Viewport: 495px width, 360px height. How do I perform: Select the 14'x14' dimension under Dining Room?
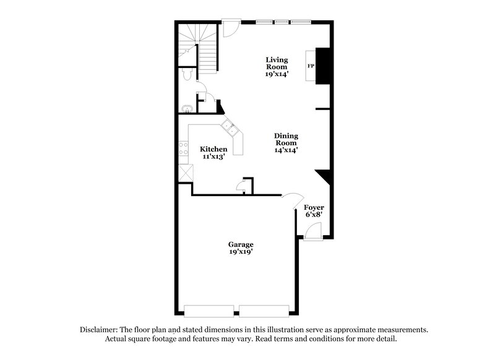coord(286,150)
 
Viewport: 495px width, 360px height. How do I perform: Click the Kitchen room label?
coord(213,149)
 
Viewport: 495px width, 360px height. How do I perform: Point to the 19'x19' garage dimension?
coord(241,252)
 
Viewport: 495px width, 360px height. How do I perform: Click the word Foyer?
coord(314,207)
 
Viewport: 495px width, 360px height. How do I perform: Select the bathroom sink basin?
coord(187,109)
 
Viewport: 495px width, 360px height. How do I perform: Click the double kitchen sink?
coord(230,128)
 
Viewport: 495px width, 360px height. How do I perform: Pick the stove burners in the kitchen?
coord(184,148)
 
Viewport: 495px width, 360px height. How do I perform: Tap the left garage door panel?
coord(209,311)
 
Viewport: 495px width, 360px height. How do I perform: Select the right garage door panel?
coord(264,311)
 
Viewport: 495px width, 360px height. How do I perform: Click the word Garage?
coord(241,244)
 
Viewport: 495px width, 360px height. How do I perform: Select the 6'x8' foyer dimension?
coord(314,215)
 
